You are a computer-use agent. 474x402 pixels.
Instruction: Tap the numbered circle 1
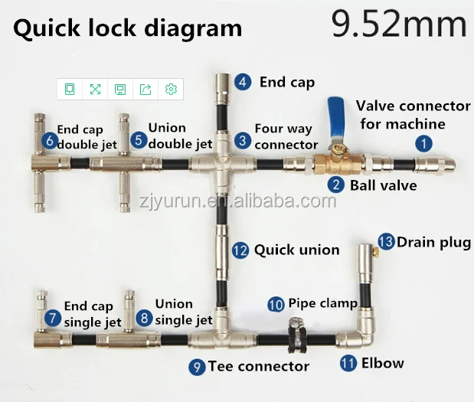click(x=423, y=142)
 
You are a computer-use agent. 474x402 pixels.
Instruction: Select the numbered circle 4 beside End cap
click(x=243, y=82)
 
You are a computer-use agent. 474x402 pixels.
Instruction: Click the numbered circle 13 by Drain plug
click(x=386, y=242)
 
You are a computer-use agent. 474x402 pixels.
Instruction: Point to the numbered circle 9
click(x=197, y=368)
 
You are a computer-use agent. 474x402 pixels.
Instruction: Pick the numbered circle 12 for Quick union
click(x=240, y=250)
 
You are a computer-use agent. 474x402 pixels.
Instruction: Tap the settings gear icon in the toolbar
click(x=171, y=90)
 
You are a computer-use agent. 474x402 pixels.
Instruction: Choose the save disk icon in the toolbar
click(x=120, y=90)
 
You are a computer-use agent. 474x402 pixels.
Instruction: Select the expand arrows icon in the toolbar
click(x=95, y=90)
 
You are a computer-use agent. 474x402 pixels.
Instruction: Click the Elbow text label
click(x=382, y=363)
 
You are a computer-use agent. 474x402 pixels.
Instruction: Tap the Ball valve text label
click(x=383, y=185)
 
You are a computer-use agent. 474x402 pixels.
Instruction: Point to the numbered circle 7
click(x=52, y=316)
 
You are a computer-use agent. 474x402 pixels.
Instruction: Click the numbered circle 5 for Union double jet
click(x=137, y=139)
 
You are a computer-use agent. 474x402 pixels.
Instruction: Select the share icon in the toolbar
click(x=145, y=90)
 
